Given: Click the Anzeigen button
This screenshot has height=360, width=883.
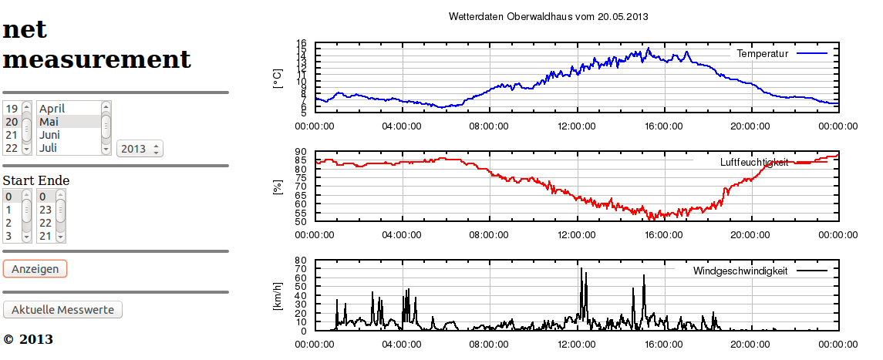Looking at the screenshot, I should coord(35,268).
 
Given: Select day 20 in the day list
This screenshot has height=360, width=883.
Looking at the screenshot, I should coord(12,122).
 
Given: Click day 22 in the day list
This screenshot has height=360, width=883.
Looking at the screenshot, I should coord(12,148).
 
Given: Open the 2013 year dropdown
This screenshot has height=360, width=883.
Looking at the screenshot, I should coord(140,149).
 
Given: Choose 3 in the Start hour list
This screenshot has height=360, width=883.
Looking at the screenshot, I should coord(8,236).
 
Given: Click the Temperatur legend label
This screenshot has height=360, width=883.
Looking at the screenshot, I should coord(762,54).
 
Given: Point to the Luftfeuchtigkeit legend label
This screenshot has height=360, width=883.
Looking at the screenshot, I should coord(753,163).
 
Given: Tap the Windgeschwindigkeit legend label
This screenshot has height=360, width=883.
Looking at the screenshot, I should coord(740,271).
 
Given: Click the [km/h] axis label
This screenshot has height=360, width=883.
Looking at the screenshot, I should coord(278,296).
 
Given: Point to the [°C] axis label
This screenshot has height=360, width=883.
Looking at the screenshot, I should coord(278,78).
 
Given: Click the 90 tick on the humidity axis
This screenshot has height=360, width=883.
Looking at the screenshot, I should coord(300,153).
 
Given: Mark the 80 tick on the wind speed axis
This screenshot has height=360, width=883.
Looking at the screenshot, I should coord(300,261).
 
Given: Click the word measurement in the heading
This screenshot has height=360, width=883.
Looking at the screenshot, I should coord(96,59).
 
